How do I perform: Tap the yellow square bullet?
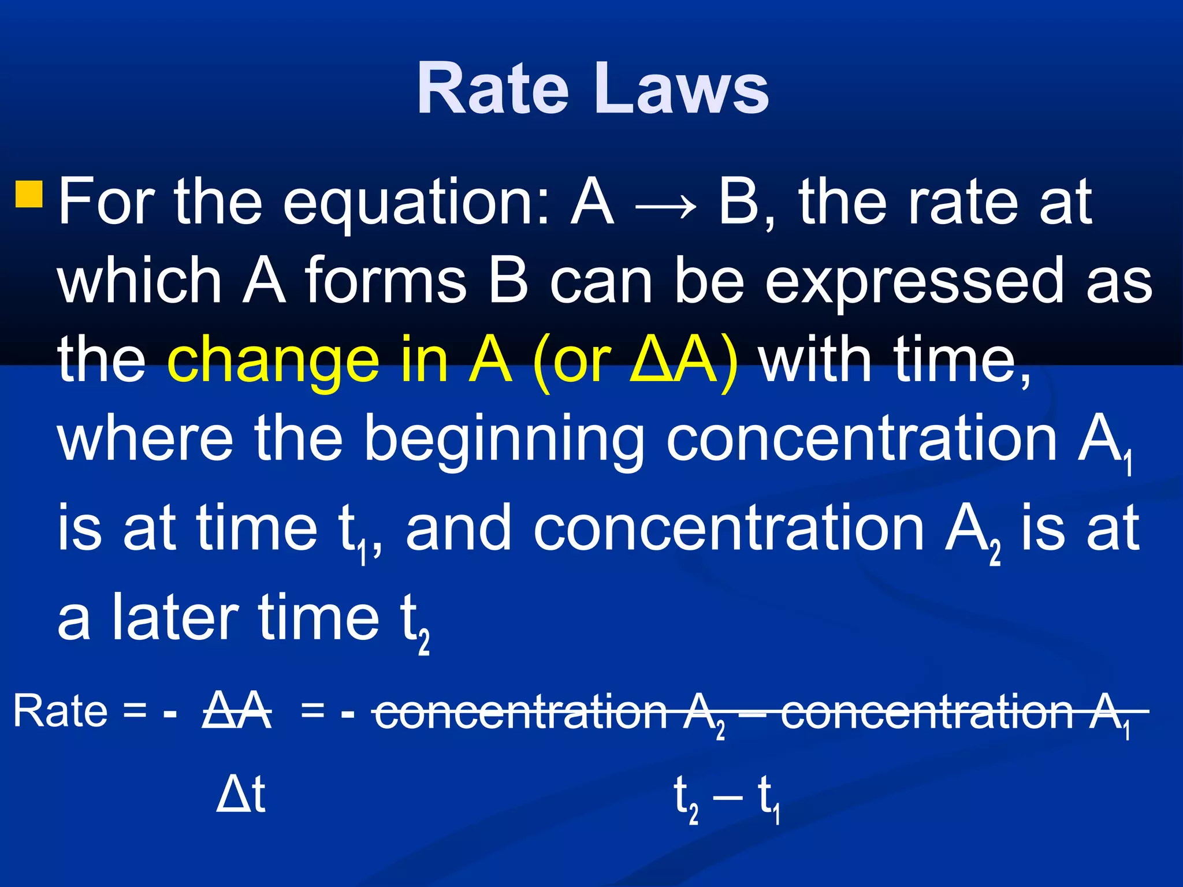pos(29,194)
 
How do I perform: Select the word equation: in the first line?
pos(415,203)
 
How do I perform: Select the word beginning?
pos(504,441)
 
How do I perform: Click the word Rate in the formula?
pos(60,711)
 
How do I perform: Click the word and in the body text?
pos(459,529)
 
